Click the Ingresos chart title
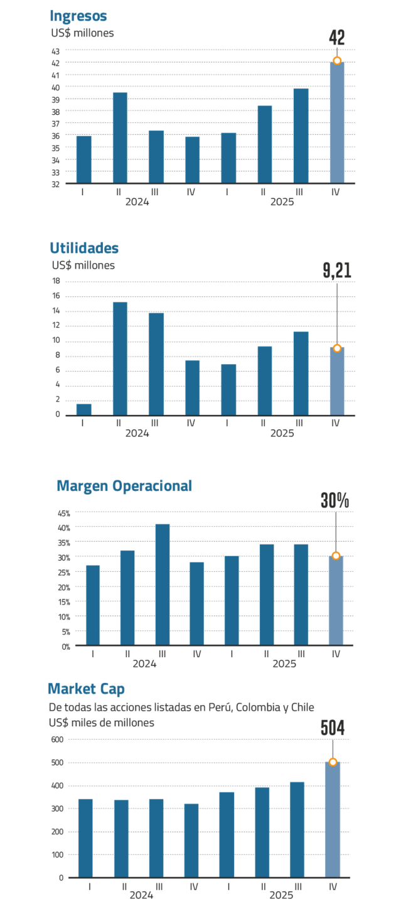point(78,16)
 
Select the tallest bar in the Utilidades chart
point(120,358)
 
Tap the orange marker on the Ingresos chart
point(337,61)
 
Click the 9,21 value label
point(337,271)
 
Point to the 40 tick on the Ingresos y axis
point(55,88)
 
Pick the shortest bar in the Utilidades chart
point(84,409)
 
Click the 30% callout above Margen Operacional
point(335,500)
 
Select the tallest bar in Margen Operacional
point(163,584)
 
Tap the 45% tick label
point(64,514)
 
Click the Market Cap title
point(86,689)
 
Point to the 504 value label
point(333,728)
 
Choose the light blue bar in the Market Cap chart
point(333,819)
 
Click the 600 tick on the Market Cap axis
point(57,740)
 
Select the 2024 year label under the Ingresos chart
point(137,202)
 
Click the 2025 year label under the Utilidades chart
point(282,433)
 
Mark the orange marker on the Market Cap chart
point(333,762)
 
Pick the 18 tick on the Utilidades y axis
point(56,281)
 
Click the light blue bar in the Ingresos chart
point(337,122)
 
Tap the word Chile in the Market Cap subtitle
point(302,707)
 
